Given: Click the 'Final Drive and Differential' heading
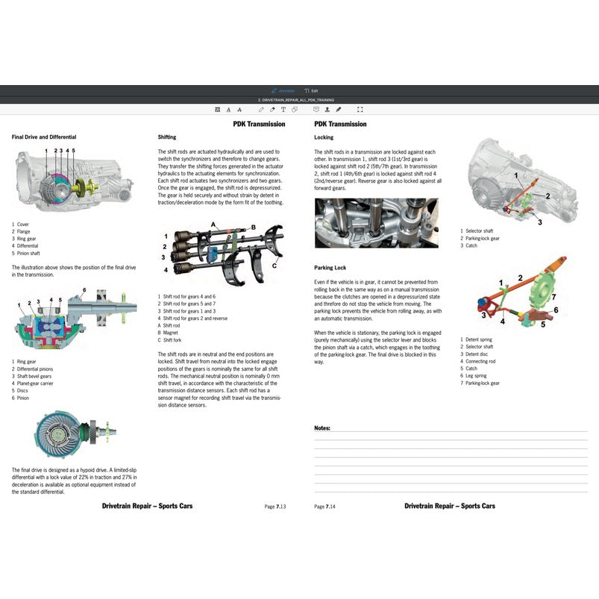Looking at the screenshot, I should [44, 137].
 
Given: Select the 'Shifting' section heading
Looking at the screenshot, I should [167, 137].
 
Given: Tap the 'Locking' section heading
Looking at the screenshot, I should [324, 137].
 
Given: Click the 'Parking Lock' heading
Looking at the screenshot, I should [330, 267].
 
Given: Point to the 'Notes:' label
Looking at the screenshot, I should [322, 428].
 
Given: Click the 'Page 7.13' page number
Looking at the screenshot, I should [275, 507].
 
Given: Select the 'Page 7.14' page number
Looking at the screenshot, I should [324, 507].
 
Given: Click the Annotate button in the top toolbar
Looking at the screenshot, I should [283, 90].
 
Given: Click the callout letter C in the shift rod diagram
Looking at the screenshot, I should [275, 266].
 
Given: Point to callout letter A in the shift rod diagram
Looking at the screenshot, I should [213, 225].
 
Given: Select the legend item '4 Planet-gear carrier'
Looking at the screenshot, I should [33, 383].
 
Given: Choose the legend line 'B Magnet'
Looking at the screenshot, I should [169, 332].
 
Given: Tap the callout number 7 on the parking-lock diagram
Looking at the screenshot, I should [553, 297].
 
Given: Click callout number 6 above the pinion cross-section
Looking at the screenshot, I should [84, 289].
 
